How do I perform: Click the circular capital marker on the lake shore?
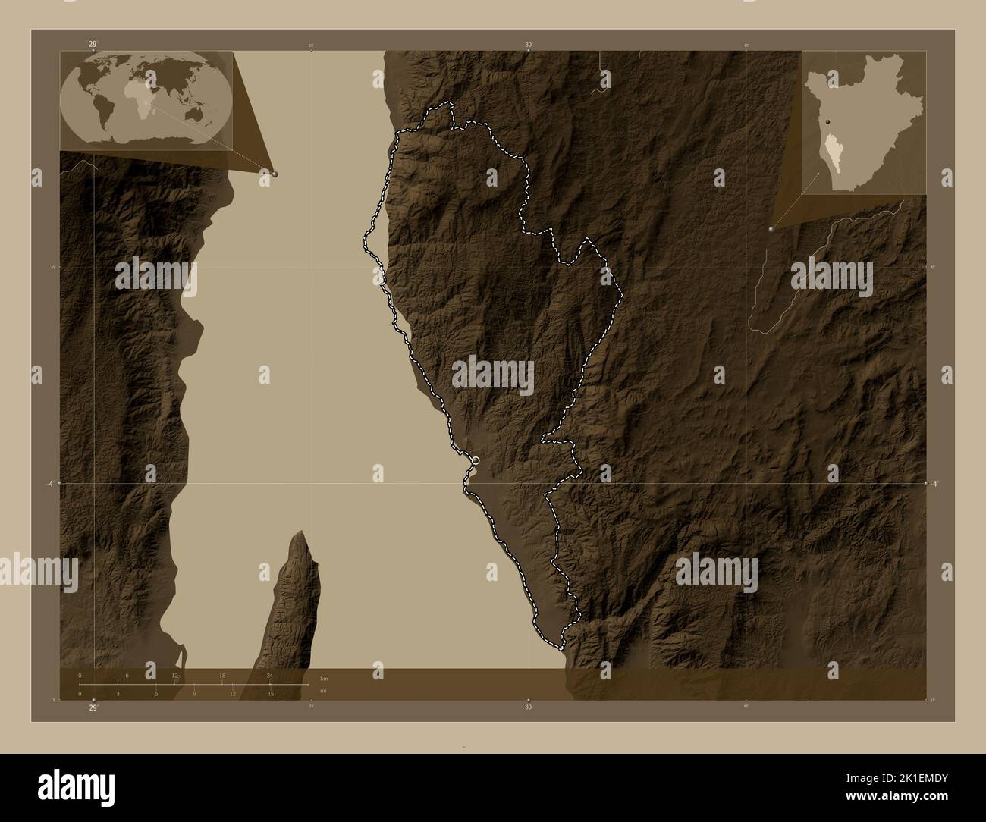coord(476,460)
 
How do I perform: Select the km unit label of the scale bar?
coord(323,678)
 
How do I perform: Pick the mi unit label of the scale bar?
coord(322,691)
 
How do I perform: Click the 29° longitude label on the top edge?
coord(93,44)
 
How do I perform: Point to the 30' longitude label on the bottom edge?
coord(529,707)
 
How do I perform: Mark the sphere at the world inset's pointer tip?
coord(275,174)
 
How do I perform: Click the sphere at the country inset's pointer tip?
coord(771,228)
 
